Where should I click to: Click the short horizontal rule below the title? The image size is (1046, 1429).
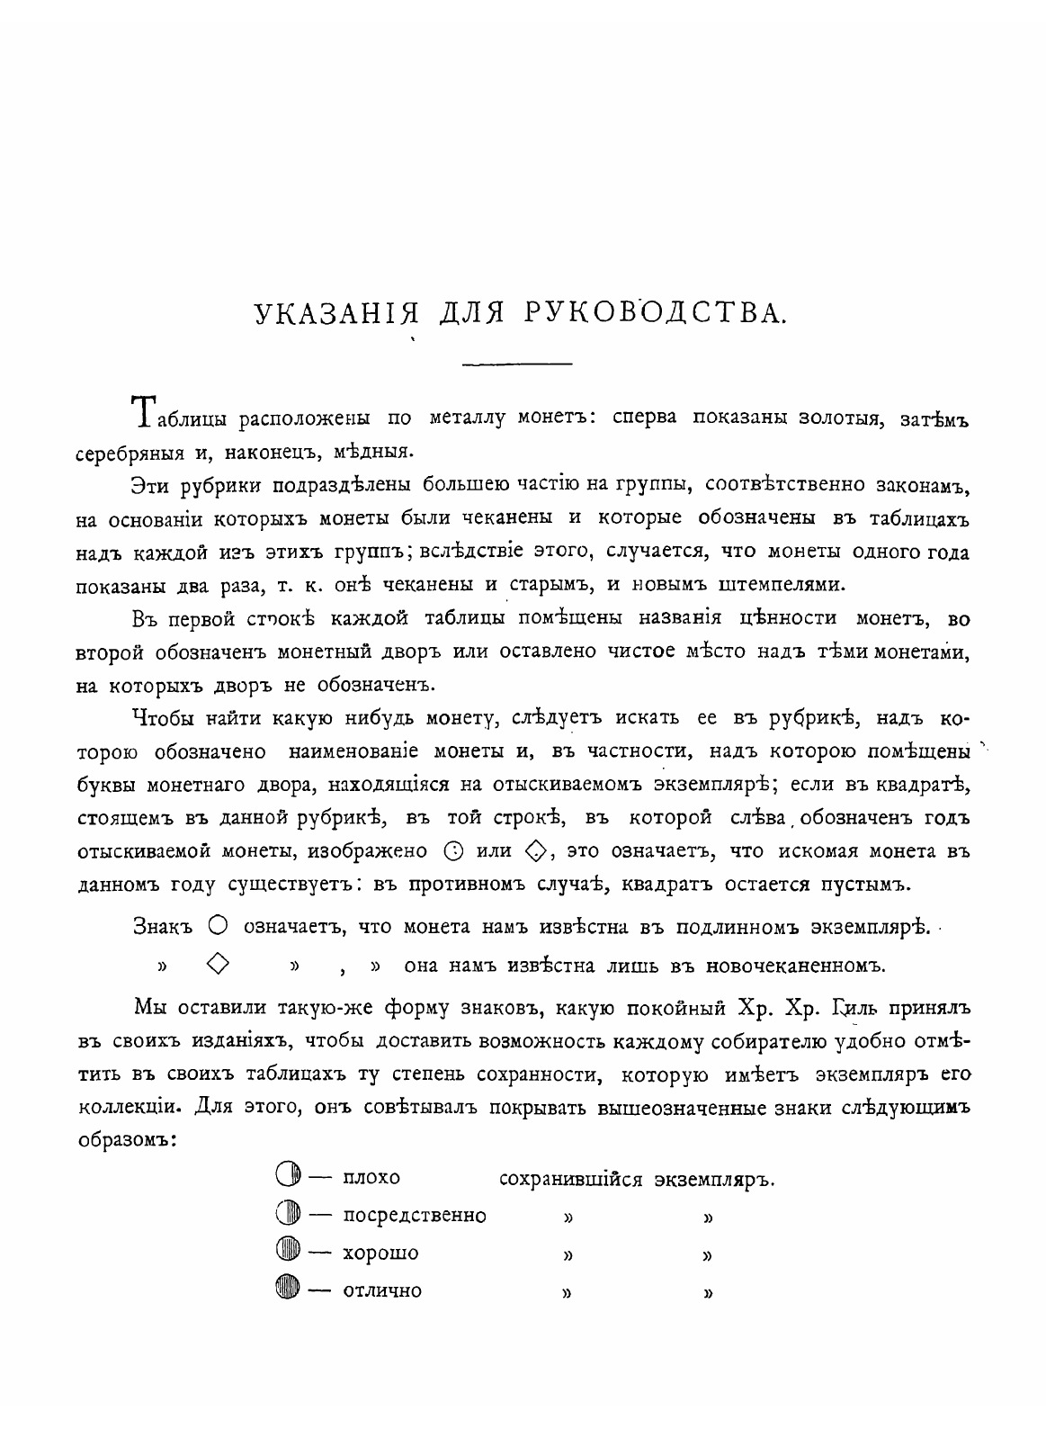click(x=516, y=364)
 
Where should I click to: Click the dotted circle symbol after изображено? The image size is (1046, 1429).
click(x=454, y=849)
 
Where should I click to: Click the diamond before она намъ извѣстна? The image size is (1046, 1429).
click(x=217, y=964)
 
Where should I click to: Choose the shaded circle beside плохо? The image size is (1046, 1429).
click(x=287, y=1176)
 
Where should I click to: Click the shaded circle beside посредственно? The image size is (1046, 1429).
click(x=287, y=1215)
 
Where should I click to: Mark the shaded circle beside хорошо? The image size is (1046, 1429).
click(x=287, y=1253)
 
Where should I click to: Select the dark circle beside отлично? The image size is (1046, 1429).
click(x=287, y=1290)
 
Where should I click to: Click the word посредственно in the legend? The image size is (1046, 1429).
click(x=415, y=1216)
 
